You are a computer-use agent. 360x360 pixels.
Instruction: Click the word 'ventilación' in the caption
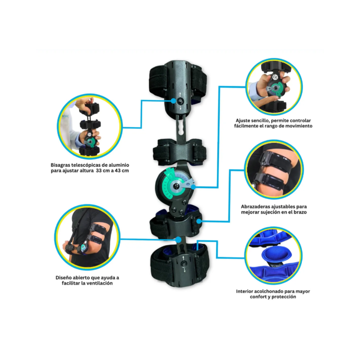99,283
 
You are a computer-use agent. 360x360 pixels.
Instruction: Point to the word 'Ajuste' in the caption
243,121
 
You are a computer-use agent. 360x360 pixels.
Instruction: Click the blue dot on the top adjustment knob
173,101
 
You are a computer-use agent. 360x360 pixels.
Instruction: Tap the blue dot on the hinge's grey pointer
193,187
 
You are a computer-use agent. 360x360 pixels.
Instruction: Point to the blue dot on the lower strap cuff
199,221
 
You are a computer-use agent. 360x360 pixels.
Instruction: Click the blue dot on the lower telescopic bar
178,240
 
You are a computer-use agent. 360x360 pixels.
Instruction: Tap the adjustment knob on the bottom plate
184,264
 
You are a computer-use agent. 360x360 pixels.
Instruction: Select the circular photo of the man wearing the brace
87,237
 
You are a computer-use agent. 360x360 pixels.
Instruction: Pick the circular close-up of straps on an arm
274,169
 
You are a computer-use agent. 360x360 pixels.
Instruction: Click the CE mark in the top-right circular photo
275,77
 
